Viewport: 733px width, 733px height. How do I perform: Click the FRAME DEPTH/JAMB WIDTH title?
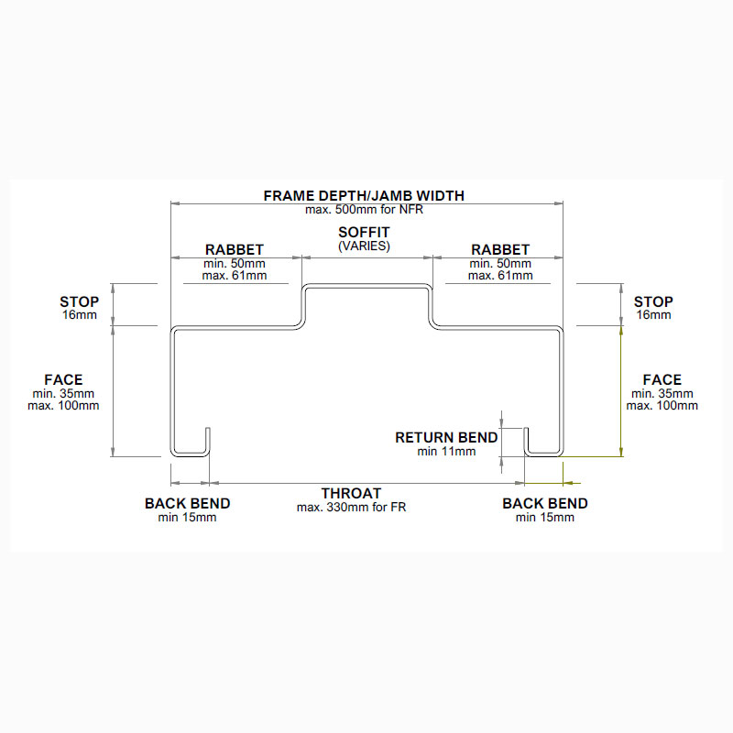click(364, 195)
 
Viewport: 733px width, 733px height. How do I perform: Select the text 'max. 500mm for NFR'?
click(364, 209)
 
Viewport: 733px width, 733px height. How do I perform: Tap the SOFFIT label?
click(364, 233)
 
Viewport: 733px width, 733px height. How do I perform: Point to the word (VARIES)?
click(364, 246)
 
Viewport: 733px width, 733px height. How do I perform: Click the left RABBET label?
click(235, 249)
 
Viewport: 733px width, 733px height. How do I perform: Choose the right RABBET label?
click(499, 249)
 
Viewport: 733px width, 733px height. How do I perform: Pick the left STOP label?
click(79, 301)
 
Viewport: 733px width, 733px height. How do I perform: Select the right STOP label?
click(653, 301)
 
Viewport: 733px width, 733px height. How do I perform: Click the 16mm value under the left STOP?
click(79, 315)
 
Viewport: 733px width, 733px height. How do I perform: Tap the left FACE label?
click(63, 379)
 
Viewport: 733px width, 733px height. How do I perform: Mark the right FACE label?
click(662, 379)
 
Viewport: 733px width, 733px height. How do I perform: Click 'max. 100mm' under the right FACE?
click(662, 405)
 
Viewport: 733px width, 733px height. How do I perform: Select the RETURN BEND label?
click(446, 437)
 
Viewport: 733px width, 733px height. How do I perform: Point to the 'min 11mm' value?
click(446, 451)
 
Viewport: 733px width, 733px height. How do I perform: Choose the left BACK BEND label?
click(187, 503)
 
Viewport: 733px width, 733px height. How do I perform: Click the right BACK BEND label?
click(545, 503)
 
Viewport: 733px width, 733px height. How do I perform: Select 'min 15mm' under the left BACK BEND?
click(187, 518)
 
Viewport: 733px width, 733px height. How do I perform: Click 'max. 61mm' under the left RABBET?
click(235, 275)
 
